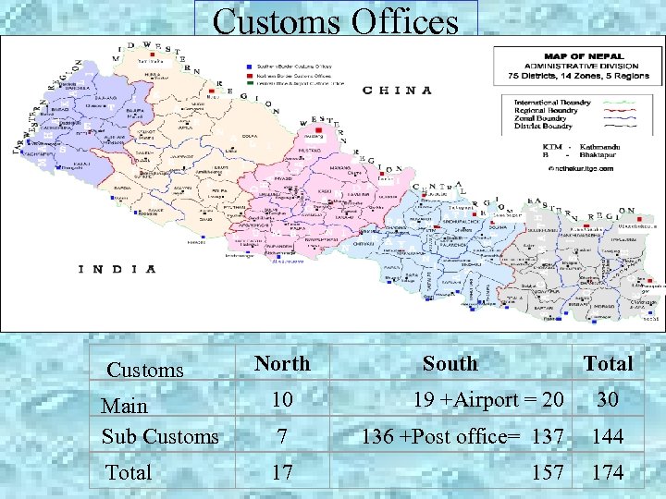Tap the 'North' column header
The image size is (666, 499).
[282, 363]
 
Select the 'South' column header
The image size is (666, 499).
[450, 363]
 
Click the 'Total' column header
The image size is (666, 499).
[608, 363]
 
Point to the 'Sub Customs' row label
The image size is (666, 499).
[160, 436]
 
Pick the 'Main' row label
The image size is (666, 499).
[125, 406]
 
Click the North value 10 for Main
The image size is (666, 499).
[282, 400]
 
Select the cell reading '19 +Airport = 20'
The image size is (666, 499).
[488, 400]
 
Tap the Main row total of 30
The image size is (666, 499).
[608, 400]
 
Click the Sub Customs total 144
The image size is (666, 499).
[608, 436]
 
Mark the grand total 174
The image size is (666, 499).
[608, 473]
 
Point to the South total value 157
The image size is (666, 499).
[547, 473]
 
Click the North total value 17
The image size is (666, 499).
[282, 473]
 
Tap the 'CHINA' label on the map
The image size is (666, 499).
[397, 91]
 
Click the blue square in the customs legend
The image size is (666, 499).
[250, 67]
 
